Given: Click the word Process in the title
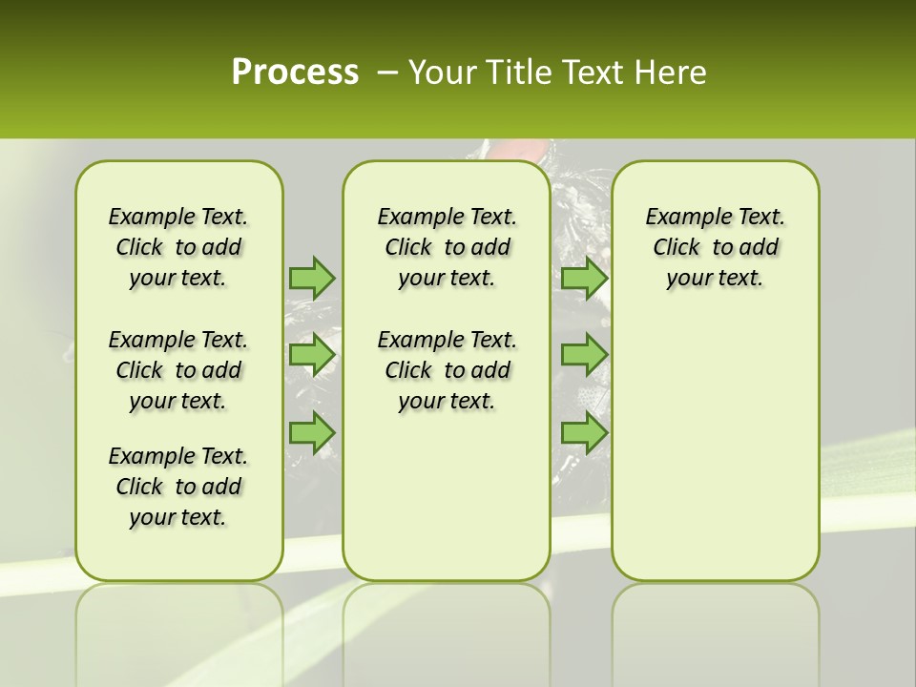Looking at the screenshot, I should tap(295, 73).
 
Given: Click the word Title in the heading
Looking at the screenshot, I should tap(516, 73).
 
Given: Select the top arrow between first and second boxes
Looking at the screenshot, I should tap(312, 277).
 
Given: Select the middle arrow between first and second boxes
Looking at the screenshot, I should tap(312, 355).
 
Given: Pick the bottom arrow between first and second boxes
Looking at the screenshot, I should tap(312, 432).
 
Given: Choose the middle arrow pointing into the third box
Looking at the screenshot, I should tap(584, 355).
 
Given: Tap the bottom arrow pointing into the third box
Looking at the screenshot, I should tap(584, 432).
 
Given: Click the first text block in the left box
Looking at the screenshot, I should tap(177, 247).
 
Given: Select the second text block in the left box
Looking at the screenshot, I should tap(177, 370).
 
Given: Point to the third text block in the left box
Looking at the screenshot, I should tap(177, 487).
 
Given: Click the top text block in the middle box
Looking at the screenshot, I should tap(447, 247).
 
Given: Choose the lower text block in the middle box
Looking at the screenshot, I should tap(447, 370).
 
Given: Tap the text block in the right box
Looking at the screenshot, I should tap(715, 247).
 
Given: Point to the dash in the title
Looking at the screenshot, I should tap(387, 73).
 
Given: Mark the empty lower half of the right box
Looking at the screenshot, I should tap(715, 458).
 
